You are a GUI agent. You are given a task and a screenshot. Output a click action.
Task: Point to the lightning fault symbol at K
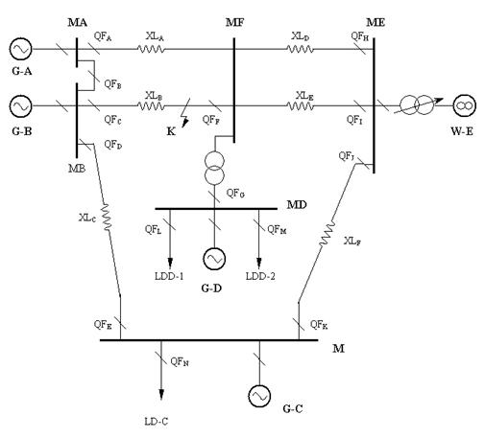point(185,113)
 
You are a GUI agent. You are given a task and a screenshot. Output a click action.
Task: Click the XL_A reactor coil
point(151,49)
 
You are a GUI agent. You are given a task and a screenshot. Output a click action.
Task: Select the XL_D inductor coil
point(300,49)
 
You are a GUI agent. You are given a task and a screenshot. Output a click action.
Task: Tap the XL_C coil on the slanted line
point(106,217)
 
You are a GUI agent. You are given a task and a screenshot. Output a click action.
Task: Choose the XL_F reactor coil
point(327,234)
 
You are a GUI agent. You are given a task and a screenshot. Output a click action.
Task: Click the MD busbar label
point(297,204)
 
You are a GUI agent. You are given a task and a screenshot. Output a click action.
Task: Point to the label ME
point(376,22)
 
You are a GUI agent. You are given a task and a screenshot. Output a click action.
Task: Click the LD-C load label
point(157,422)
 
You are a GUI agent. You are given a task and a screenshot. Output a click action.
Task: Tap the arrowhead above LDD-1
point(170,263)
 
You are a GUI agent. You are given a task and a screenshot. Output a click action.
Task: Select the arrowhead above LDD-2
point(259,263)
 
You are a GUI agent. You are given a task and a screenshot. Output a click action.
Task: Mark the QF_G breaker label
point(235,193)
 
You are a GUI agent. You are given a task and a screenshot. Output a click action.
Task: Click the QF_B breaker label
point(112,84)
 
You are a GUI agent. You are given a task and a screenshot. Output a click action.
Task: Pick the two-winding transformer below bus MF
point(214,168)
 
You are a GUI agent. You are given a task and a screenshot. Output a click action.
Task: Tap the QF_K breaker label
point(319,325)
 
